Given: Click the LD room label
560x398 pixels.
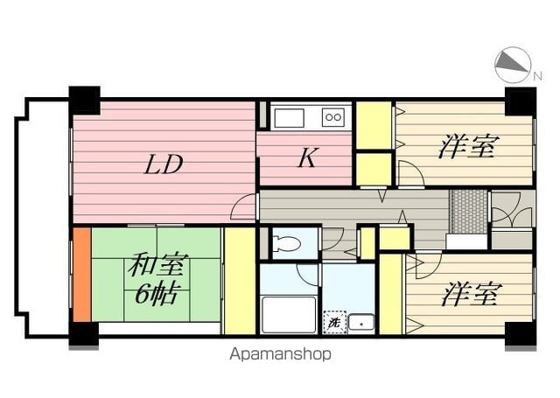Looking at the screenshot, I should [164, 164].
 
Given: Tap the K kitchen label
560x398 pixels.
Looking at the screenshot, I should [306, 158].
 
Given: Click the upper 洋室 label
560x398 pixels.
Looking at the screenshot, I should [466, 146].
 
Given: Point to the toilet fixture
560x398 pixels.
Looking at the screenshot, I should [285, 242].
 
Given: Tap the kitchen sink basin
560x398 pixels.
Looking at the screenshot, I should [287, 116].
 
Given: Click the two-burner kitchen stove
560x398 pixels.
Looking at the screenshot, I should [332, 116].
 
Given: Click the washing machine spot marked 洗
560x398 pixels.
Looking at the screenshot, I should [333, 322].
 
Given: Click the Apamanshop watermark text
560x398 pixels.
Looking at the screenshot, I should [280, 354].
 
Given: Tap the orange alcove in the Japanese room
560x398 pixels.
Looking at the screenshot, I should [81, 275].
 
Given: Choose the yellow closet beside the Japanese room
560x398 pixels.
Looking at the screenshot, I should [237, 280].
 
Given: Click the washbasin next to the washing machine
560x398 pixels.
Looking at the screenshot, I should [360, 323].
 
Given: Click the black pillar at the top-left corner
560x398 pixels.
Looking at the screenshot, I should [84, 100].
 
